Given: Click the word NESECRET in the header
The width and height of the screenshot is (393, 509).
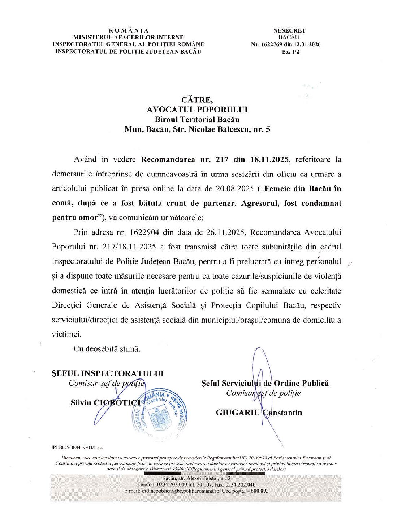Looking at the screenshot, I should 290,31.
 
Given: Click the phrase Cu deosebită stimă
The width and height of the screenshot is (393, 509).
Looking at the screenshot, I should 107,349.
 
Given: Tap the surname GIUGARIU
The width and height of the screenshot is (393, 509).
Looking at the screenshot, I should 238,412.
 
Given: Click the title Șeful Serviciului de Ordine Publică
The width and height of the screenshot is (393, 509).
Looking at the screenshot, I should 265,384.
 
